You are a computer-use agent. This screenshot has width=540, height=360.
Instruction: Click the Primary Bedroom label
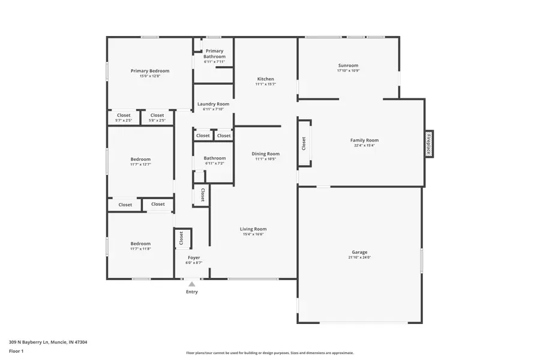[x=150, y=71]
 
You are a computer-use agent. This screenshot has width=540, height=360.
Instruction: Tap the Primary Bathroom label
[x=214, y=54]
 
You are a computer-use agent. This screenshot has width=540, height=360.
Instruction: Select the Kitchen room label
[x=266, y=79]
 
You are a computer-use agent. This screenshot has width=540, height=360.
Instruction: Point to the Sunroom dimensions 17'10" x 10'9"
[x=348, y=71]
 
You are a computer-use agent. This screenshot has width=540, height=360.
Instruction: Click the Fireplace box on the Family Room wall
[x=429, y=144]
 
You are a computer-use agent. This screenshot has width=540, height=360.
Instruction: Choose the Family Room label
[x=364, y=140]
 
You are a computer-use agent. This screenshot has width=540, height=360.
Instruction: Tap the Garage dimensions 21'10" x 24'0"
[x=359, y=257]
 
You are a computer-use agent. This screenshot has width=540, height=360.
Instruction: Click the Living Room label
[x=253, y=229]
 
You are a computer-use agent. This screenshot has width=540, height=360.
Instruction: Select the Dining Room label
[x=265, y=154]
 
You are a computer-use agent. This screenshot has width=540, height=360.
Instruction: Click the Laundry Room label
[x=214, y=104]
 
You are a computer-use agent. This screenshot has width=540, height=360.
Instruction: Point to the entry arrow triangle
[x=191, y=284]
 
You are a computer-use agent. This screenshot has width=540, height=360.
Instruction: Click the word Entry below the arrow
[x=191, y=292]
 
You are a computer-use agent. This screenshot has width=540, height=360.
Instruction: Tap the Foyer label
[x=194, y=257]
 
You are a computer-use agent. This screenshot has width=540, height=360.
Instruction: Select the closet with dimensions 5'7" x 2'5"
[x=124, y=118]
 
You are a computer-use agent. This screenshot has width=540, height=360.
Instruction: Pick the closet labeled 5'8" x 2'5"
[x=157, y=118]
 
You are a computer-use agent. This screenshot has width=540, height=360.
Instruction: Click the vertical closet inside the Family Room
[x=304, y=143]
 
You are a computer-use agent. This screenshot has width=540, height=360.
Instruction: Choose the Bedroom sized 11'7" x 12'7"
[x=141, y=161]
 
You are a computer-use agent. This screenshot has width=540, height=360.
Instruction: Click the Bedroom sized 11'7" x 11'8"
[x=141, y=246]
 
